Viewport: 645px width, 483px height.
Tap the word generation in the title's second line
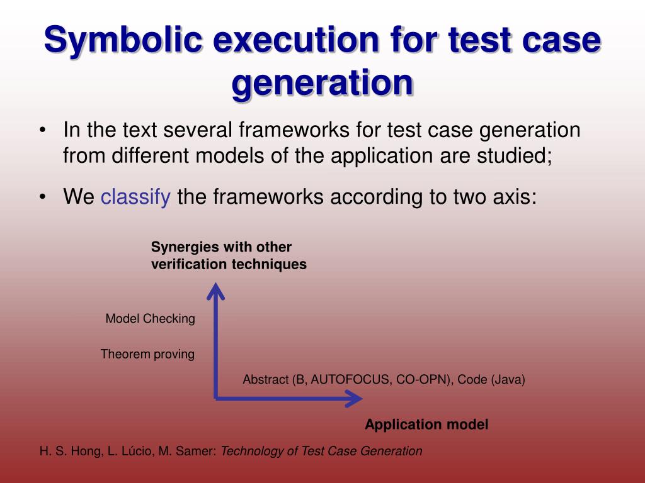pyautogui.click(x=322, y=84)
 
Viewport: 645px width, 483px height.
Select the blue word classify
pyautogui.click(x=135, y=197)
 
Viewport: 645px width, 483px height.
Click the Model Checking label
pyautogui.click(x=150, y=319)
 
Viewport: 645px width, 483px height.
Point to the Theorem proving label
pyautogui.click(x=147, y=355)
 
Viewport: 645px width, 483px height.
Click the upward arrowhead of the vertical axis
pyautogui.click(x=216, y=290)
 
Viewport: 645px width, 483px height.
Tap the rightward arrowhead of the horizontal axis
pyautogui.click(x=355, y=397)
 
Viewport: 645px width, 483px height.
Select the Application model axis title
pyautogui.click(x=426, y=425)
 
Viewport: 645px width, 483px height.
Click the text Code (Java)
pyautogui.click(x=491, y=380)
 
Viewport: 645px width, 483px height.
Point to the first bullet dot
pyautogui.click(x=42, y=131)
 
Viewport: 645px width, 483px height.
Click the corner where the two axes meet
pyautogui.click(x=216, y=397)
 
